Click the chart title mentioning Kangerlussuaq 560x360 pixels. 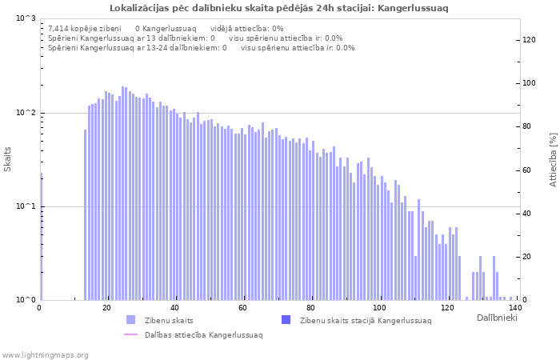click(x=279, y=8)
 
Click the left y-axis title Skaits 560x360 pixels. click(x=8, y=159)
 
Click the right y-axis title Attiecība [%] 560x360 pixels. click(x=553, y=159)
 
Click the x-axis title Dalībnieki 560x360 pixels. click(x=497, y=318)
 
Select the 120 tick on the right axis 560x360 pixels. click(x=530, y=40)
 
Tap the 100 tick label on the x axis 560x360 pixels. click(x=380, y=308)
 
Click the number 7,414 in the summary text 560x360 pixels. click(x=60, y=28)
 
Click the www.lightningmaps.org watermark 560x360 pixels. click(x=45, y=354)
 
